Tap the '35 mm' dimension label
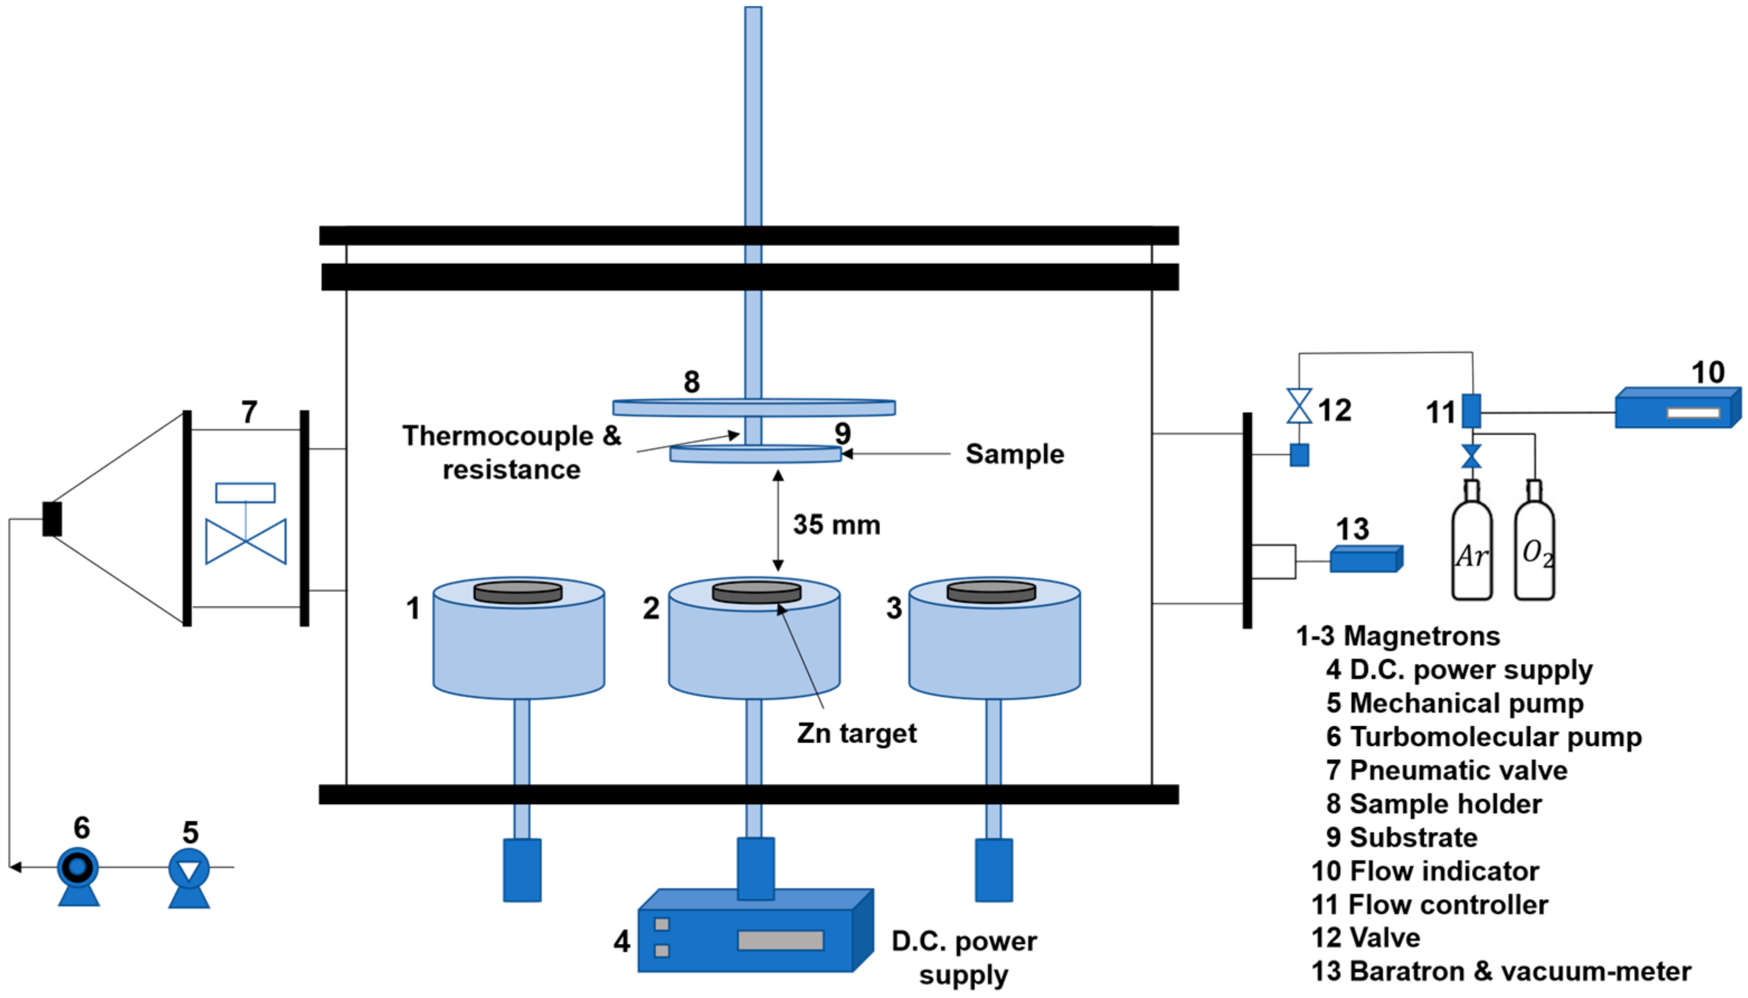pyautogui.click(x=837, y=525)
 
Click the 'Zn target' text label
pyautogui.click(x=856, y=734)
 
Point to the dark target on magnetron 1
pyautogui.click(x=518, y=592)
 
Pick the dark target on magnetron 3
pyautogui.click(x=991, y=592)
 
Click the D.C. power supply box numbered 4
pyautogui.click(x=755, y=930)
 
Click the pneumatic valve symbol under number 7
pyautogui.click(x=245, y=524)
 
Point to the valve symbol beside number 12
pyautogui.click(x=1299, y=406)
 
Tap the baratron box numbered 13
pyautogui.click(x=1366, y=559)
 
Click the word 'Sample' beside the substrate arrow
pyautogui.click(x=1014, y=454)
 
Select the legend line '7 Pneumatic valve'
pyautogui.click(x=1447, y=770)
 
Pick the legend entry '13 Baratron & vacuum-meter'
pyautogui.click(x=1501, y=971)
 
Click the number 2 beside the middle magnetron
pyautogui.click(x=650, y=608)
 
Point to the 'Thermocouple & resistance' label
pyautogui.click(x=512, y=452)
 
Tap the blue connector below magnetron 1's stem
pyautogui.click(x=522, y=870)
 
